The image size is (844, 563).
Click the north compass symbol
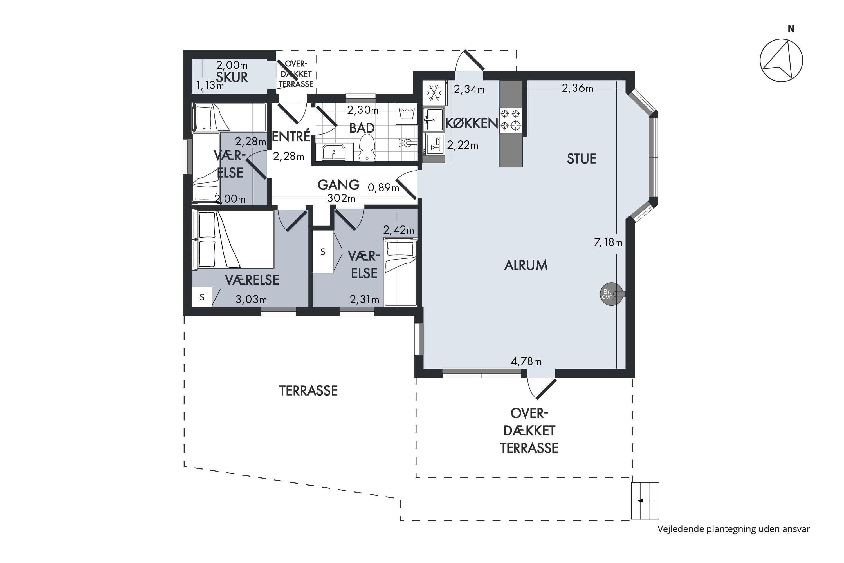781,60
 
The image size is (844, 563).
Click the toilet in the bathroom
367,148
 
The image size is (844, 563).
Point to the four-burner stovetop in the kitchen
511,120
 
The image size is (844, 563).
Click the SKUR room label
232,77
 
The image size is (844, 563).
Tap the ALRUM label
526,265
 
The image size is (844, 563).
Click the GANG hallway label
338,185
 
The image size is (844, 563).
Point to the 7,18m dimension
608,243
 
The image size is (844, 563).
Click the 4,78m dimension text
526,361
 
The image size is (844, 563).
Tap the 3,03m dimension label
251,300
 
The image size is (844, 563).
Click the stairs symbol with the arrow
645,501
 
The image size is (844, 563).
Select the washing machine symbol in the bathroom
407,114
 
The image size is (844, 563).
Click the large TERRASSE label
308,391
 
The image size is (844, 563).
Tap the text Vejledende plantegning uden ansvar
733,529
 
